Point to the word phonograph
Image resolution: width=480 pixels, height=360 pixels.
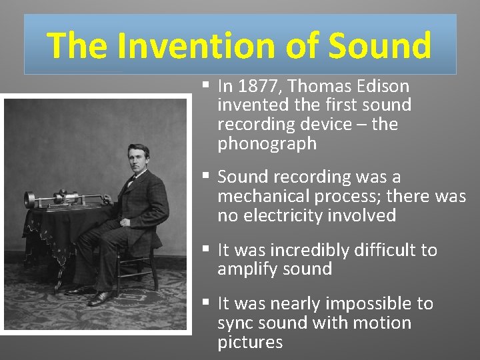pyautogui.click(x=267, y=144)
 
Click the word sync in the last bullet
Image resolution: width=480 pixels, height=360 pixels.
pyautogui.click(x=234, y=323)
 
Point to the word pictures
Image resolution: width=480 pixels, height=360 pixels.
pyautogui.click(x=250, y=343)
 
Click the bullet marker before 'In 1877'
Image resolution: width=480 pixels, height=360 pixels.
pyautogui.click(x=207, y=85)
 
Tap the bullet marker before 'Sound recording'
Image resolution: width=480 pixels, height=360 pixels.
pyautogui.click(x=207, y=177)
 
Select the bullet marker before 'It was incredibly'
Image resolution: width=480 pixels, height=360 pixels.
pyautogui.click(x=207, y=250)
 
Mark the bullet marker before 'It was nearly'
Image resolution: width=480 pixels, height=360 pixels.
pyautogui.click(x=207, y=303)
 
